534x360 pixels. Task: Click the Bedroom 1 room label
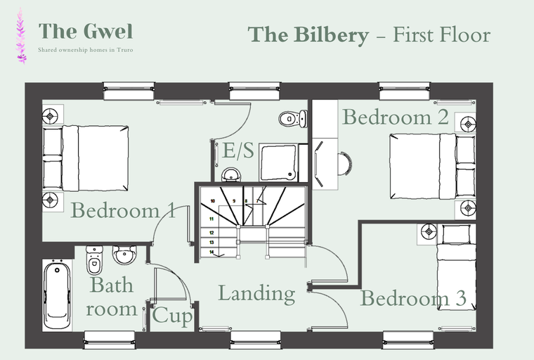(x=123, y=210)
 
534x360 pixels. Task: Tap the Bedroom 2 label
(x=395, y=117)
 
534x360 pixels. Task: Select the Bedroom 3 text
(x=413, y=299)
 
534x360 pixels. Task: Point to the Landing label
(x=256, y=293)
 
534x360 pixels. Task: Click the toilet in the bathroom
(x=93, y=262)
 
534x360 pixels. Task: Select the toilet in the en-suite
(x=290, y=119)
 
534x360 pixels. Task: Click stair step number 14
(x=211, y=251)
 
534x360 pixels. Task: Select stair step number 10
(x=211, y=201)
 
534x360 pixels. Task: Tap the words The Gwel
(x=86, y=31)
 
